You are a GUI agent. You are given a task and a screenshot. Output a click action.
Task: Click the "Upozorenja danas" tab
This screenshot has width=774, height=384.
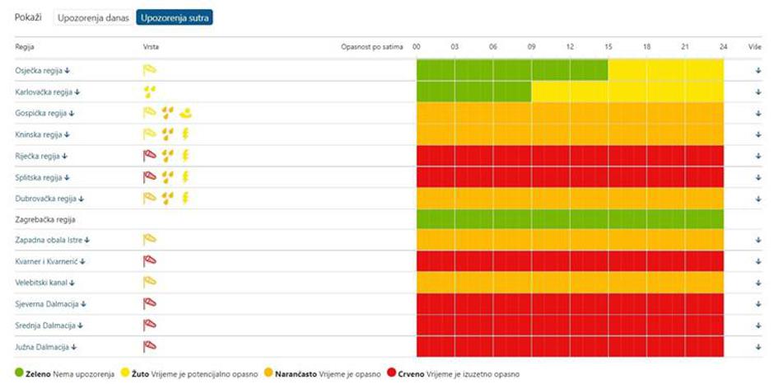pyautogui.click(x=92, y=18)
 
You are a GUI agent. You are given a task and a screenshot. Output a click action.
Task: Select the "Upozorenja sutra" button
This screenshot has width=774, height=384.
pyautogui.click(x=175, y=18)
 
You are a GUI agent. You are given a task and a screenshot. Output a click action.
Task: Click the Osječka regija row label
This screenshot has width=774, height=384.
pyautogui.click(x=39, y=70)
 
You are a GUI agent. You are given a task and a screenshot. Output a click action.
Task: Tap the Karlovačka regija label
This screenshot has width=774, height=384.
pyautogui.click(x=42, y=91)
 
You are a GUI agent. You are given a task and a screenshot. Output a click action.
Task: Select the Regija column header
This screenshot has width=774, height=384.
pyautogui.click(x=25, y=47)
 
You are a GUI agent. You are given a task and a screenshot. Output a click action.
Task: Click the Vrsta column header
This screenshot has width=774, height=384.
pyautogui.click(x=152, y=47)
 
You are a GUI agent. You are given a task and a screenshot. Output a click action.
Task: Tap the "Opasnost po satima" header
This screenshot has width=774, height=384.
pyautogui.click(x=372, y=47)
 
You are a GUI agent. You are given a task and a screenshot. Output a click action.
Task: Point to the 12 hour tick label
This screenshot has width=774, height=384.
pyautogui.click(x=570, y=47)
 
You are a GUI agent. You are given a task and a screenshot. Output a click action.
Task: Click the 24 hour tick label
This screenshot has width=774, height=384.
pyautogui.click(x=723, y=47)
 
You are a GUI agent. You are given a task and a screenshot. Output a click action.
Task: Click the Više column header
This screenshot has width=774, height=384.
pyautogui.click(x=755, y=47)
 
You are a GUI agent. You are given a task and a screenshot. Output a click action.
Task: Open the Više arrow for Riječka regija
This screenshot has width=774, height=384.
pyautogui.click(x=758, y=156)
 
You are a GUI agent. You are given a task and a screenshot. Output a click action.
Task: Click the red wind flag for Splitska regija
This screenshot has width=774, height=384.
pyautogui.click(x=150, y=176)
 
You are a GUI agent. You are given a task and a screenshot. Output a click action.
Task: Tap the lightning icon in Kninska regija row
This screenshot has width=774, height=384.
pyautogui.click(x=185, y=133)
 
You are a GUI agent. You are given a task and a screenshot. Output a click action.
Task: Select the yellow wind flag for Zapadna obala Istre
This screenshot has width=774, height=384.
pyautogui.click(x=150, y=240)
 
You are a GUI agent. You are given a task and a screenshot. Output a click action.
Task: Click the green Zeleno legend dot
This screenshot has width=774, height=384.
pyautogui.click(x=20, y=373)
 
